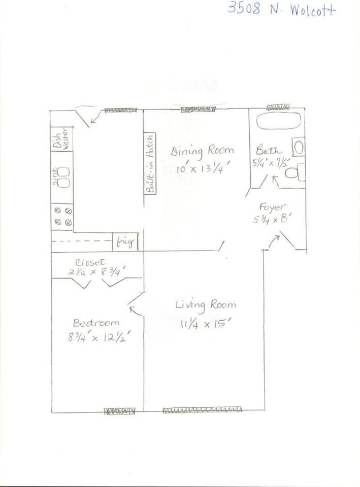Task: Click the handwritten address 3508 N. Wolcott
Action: (x=281, y=9)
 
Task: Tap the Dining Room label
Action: (x=202, y=151)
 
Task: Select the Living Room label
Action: (x=205, y=304)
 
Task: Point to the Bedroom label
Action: (x=96, y=323)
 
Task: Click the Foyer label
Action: (x=273, y=207)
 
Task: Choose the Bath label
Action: (x=269, y=150)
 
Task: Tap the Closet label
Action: (x=90, y=262)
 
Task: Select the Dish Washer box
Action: (x=62, y=138)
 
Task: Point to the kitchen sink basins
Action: (x=63, y=178)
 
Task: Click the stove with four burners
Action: (x=63, y=215)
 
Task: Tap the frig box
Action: (x=125, y=242)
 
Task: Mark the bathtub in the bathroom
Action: (x=278, y=121)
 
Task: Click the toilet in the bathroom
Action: (x=295, y=173)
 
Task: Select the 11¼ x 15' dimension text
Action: (x=203, y=323)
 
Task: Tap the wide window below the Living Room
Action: (x=202, y=410)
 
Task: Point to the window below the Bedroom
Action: (x=120, y=411)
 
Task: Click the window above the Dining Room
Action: (x=198, y=109)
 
